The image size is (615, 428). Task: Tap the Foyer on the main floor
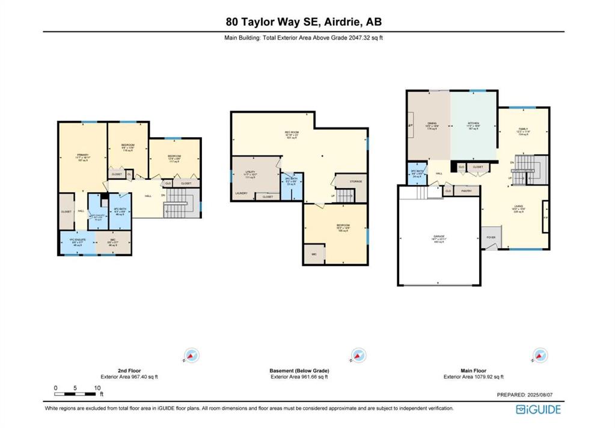(x=491, y=237)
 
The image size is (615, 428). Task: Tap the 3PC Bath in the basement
(x=290, y=182)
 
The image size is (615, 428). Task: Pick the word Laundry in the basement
(x=241, y=193)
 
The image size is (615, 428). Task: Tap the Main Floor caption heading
(x=474, y=371)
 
